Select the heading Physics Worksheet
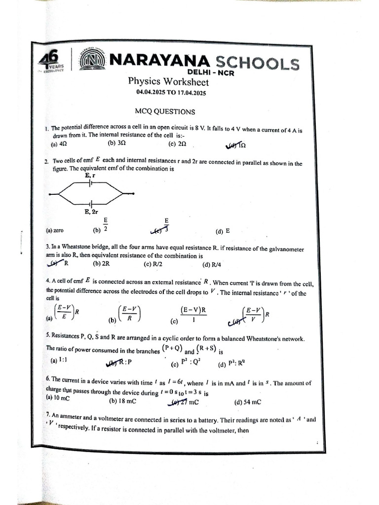click(x=168, y=82)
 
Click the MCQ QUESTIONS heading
click(x=165, y=112)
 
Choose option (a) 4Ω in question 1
click(x=59, y=145)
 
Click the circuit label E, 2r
click(x=92, y=212)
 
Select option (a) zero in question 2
click(x=55, y=230)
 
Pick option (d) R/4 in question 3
click(x=212, y=265)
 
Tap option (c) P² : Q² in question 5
click(x=185, y=364)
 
